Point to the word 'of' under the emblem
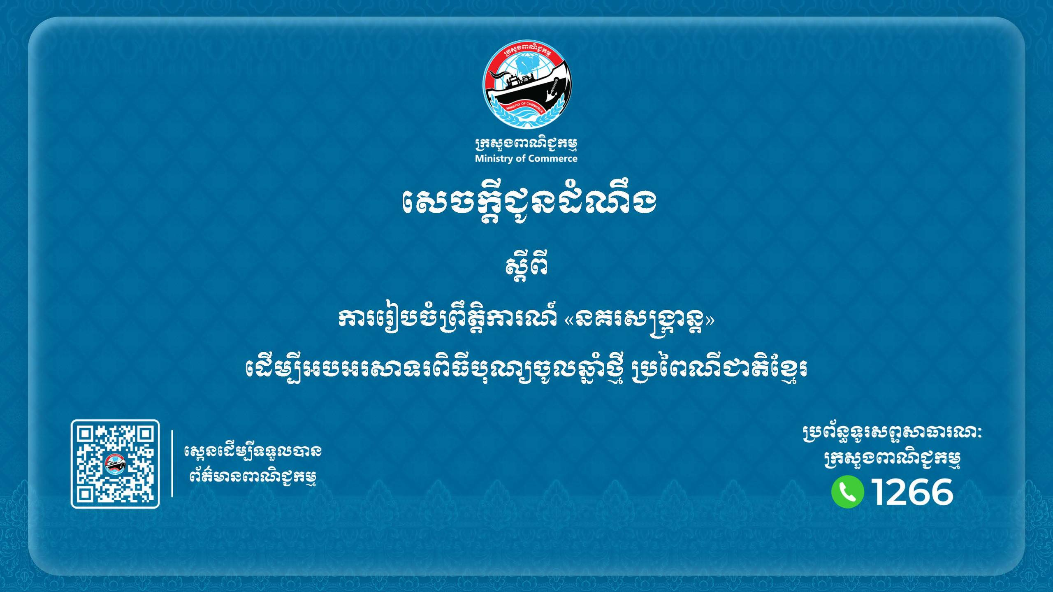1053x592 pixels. pos(520,158)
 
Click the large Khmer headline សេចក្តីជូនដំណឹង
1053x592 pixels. pos(528,202)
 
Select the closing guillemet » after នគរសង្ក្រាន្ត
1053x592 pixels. pos(710,320)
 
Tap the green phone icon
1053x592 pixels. pos(847,492)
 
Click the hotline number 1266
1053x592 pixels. pos(912,492)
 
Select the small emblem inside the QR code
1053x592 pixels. pos(115,464)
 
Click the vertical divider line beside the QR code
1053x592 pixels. pos(172,464)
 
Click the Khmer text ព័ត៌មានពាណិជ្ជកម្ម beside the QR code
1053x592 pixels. pos(253,477)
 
